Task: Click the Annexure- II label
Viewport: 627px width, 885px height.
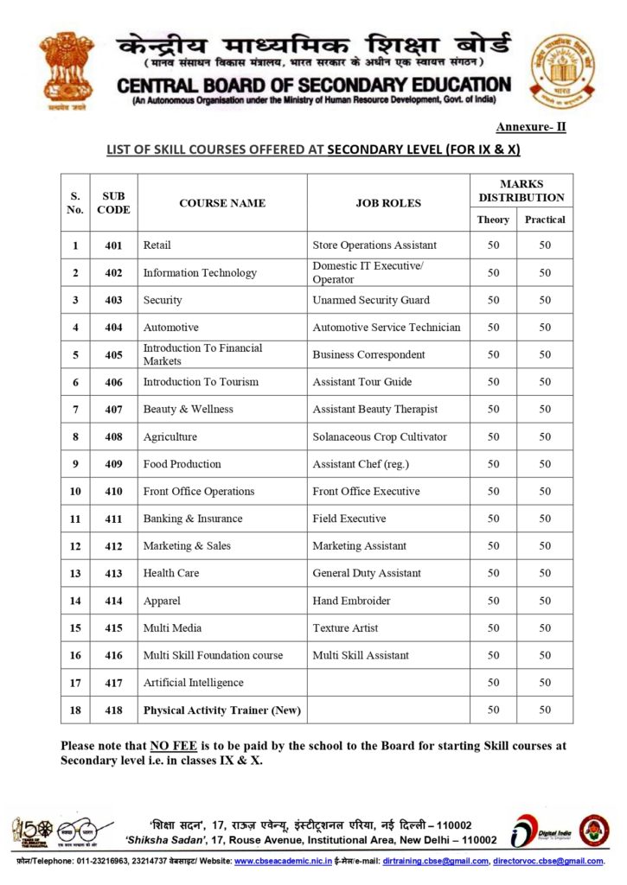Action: (531, 127)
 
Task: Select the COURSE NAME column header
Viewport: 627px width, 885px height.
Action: (222, 203)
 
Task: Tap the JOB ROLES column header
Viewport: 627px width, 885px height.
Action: (388, 203)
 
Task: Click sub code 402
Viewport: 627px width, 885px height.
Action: (113, 273)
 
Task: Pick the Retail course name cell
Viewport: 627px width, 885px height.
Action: (157, 245)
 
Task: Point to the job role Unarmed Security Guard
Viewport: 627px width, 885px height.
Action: (371, 300)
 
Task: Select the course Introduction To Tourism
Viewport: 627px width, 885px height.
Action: (201, 382)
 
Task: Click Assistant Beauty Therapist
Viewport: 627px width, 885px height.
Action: (375, 409)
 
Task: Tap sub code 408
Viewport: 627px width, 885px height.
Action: (113, 436)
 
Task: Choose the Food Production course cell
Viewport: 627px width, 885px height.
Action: (182, 464)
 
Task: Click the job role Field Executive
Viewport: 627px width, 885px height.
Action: (349, 519)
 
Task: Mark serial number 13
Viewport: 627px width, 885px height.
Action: (75, 573)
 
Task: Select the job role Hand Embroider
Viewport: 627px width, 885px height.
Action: (351, 601)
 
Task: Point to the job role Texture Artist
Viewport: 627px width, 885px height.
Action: (345, 627)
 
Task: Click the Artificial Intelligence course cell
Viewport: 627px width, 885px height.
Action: (194, 683)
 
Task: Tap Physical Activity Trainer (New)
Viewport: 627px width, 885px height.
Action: (222, 710)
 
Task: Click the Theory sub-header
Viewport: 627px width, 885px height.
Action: (493, 220)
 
